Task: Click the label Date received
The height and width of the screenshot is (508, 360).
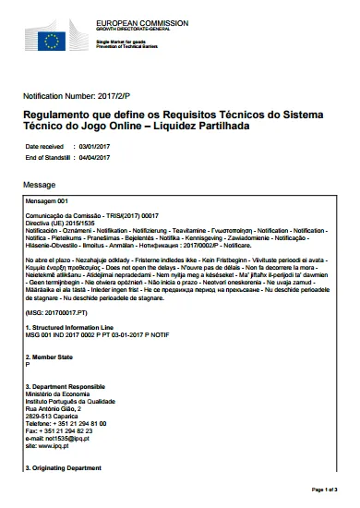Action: tap(45, 146)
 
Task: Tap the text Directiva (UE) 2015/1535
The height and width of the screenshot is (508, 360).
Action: tap(62, 223)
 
